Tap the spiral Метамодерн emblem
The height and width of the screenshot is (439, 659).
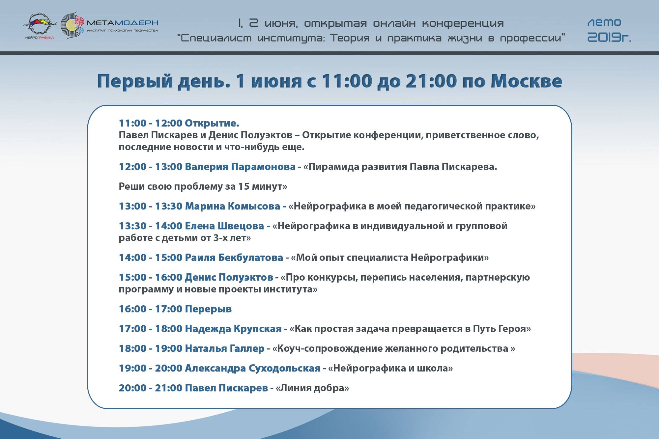pyautogui.click(x=72, y=25)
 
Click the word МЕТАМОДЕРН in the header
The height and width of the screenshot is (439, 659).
pyautogui.click(x=122, y=23)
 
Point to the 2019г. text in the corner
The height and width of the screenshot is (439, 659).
pyautogui.click(x=609, y=38)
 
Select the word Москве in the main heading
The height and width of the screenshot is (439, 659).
pyautogui.click(x=526, y=81)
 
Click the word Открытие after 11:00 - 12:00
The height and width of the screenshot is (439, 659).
pyautogui.click(x=212, y=123)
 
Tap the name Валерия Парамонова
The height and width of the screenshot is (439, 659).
pyautogui.click(x=240, y=167)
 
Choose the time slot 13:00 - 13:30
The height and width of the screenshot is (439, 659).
pyautogui.click(x=151, y=206)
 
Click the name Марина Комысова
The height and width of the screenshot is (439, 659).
pyautogui.click(x=232, y=206)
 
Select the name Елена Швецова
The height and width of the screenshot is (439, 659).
pyautogui.click(x=224, y=226)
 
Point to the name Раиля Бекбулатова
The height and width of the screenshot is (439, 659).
pyautogui.click(x=234, y=258)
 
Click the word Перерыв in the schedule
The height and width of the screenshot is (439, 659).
pyautogui.click(x=208, y=309)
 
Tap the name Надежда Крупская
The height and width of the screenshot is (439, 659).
pyautogui.click(x=233, y=329)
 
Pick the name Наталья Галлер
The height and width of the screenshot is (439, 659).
pyautogui.click(x=225, y=348)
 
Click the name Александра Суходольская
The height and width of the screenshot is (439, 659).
pyautogui.click(x=253, y=368)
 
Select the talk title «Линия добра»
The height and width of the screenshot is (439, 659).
pyautogui.click(x=312, y=388)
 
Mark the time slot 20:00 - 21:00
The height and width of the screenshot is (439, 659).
pyautogui.click(x=151, y=388)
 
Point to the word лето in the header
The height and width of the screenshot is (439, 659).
pyautogui.click(x=604, y=23)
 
